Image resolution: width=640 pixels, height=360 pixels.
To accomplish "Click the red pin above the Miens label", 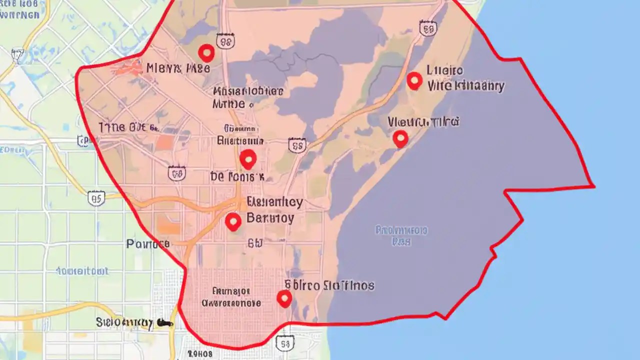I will click(206, 52).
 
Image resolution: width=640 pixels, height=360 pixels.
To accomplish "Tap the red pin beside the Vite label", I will click(414, 80).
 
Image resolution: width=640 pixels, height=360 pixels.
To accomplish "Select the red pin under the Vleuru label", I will click(400, 138).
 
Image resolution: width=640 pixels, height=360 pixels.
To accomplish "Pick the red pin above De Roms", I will click(248, 159).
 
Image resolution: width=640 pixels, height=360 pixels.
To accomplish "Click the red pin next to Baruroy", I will click(233, 221).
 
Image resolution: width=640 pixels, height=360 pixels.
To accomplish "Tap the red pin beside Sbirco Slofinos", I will click(284, 298).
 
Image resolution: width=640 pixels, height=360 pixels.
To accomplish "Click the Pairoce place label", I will click(148, 244).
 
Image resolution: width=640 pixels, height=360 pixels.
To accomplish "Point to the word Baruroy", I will click(270, 218).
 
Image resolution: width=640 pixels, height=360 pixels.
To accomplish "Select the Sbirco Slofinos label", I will click(329, 285).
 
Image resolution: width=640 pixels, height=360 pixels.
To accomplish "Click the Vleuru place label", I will click(423, 121).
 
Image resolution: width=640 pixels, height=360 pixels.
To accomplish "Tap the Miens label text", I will click(178, 68).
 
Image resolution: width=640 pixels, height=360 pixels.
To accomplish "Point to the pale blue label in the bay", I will click(401, 235).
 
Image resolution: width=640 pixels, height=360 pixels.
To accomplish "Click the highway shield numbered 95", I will click(96, 198).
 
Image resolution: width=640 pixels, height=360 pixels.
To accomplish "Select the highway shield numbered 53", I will click(284, 343).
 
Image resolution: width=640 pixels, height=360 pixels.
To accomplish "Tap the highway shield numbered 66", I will click(177, 173).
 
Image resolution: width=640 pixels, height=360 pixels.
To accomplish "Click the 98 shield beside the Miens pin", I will click(225, 42).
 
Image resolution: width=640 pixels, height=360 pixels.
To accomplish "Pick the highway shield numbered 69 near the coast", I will click(427, 28).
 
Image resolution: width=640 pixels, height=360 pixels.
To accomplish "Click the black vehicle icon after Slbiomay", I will click(164, 323).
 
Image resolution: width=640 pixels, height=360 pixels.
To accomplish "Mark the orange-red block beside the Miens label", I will click(129, 67).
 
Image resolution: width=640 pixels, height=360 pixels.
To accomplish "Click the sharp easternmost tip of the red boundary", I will click(594, 186).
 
